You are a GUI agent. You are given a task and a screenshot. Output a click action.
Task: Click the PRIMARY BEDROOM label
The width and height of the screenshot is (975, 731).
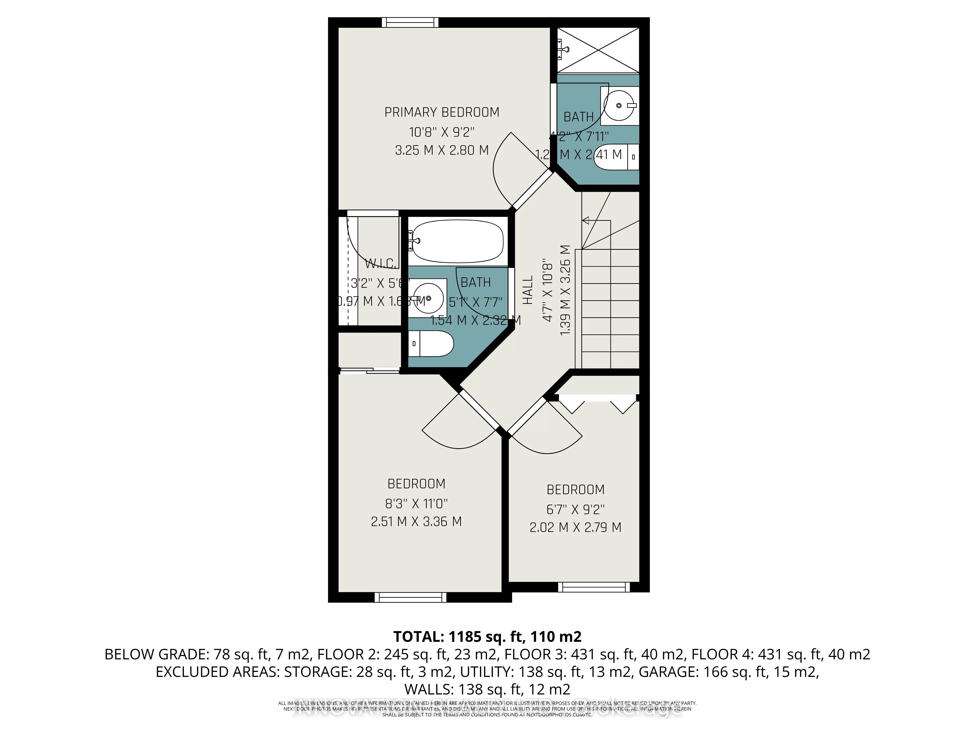point(442,112)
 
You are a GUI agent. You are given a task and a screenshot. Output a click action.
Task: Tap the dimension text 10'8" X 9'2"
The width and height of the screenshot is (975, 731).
point(442,132)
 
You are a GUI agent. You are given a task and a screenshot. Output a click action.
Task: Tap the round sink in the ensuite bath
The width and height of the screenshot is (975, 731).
point(620,106)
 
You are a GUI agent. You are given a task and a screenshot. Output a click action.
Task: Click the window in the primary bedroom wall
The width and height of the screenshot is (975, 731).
point(410,22)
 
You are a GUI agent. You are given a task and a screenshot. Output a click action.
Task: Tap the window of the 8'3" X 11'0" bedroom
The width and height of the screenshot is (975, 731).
point(410,597)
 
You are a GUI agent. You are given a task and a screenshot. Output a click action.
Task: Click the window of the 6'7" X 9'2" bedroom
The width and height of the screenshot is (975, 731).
point(594,587)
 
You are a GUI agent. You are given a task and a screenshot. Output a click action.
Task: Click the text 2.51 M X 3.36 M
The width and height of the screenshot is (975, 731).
point(416,522)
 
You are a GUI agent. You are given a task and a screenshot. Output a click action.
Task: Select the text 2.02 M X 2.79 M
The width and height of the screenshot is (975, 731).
point(575,528)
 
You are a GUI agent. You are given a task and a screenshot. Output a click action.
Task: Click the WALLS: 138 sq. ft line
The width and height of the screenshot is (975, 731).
point(487,689)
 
